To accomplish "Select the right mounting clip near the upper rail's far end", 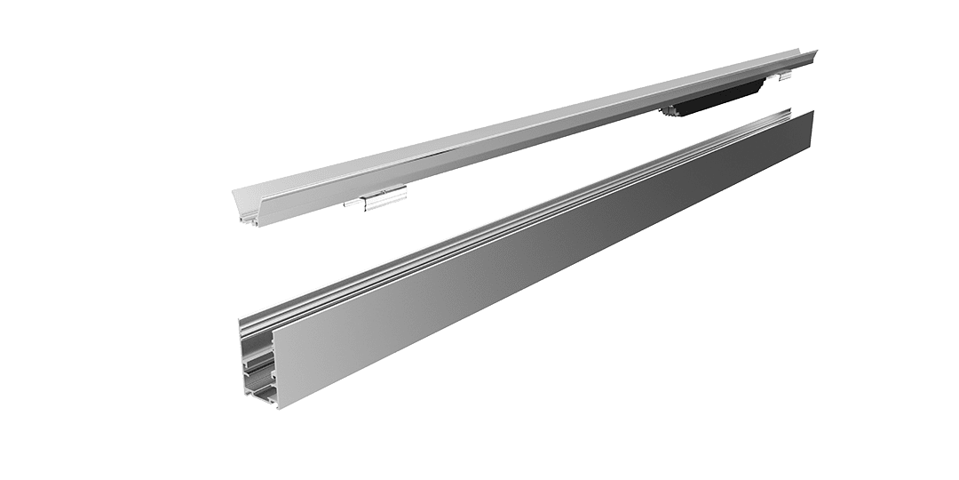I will point(782,78).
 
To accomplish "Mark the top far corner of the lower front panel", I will point(812,112).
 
